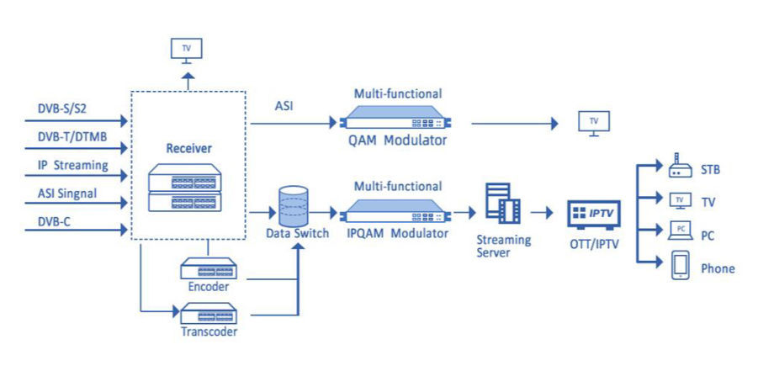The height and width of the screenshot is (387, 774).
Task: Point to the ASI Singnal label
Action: pyautogui.click(x=67, y=193)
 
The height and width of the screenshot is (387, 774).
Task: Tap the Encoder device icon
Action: pyautogui.click(x=208, y=269)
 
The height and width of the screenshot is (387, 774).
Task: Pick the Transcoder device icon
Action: pyautogui.click(x=208, y=315)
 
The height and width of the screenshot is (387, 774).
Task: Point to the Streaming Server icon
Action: pyautogui.click(x=503, y=204)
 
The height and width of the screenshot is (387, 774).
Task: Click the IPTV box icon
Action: pyautogui.click(x=596, y=215)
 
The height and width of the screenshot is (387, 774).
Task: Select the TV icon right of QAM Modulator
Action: pyautogui.click(x=595, y=122)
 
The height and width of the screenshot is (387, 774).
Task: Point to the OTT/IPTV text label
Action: pyautogui.click(x=596, y=244)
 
